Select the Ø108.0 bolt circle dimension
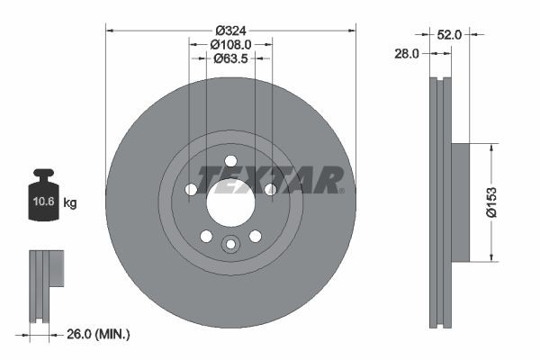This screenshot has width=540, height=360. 230,42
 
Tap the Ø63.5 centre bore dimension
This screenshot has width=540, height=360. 230,58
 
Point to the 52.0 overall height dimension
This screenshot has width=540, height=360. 450,35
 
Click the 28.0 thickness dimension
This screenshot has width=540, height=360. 407,54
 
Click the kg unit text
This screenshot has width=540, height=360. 70,203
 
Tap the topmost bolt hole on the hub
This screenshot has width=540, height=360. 230,160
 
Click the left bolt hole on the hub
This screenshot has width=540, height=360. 191,190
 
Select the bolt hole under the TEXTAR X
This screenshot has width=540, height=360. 270,189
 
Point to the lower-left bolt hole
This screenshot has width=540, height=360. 206,236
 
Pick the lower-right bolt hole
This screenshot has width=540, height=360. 255,236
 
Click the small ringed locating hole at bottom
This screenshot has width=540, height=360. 230,244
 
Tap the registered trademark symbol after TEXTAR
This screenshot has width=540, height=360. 341,190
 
